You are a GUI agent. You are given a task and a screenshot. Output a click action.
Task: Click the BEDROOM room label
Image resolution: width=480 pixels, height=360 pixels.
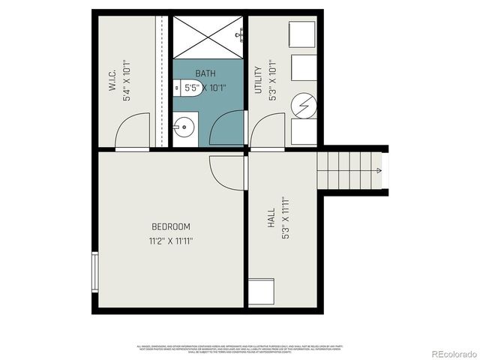pyautogui.click(x=171, y=226)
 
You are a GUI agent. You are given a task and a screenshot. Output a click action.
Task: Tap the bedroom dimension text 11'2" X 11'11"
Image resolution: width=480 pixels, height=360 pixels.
pyautogui.click(x=171, y=241)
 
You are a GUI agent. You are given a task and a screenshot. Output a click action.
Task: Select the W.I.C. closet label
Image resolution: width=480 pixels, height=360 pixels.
pyautogui.click(x=112, y=82)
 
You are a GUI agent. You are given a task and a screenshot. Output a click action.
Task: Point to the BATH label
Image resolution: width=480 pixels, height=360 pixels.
pyautogui.click(x=205, y=73)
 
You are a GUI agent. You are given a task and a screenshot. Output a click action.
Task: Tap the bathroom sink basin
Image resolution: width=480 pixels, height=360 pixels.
pyautogui.click(x=184, y=129)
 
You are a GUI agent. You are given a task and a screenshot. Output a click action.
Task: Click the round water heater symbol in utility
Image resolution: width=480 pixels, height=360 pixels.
pyautogui.click(x=304, y=106)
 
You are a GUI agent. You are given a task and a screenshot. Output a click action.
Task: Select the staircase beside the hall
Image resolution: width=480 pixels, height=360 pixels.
pyautogui.click(x=349, y=171)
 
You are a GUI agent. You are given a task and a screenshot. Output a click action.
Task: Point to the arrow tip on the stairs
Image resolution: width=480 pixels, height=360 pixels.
pyautogui.click(x=379, y=171)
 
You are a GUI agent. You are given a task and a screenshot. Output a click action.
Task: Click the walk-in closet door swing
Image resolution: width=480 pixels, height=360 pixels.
pyautogui.click(x=133, y=132)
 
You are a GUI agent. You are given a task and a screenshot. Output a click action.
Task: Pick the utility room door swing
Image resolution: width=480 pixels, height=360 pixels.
pyautogui.click(x=267, y=132)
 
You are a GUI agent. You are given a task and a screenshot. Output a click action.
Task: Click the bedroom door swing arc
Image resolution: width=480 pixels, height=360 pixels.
pyautogui.click(x=226, y=172)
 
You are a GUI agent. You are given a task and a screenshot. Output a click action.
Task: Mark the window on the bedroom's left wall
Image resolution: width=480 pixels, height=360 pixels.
pyautogui.click(x=95, y=273)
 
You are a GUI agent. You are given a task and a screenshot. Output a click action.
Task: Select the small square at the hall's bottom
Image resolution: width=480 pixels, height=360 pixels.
pyautogui.click(x=261, y=292)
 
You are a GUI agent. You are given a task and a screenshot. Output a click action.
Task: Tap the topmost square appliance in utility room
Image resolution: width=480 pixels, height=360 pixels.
pyautogui.click(x=303, y=34)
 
